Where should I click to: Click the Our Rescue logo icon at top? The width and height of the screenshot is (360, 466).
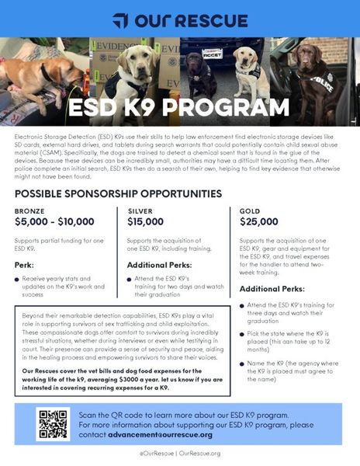120,19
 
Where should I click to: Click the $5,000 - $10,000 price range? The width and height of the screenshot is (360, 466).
59,222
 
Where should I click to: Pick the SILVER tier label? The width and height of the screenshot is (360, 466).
139,210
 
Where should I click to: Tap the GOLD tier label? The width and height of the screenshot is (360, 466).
250,210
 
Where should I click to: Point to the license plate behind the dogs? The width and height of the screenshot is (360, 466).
213,54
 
